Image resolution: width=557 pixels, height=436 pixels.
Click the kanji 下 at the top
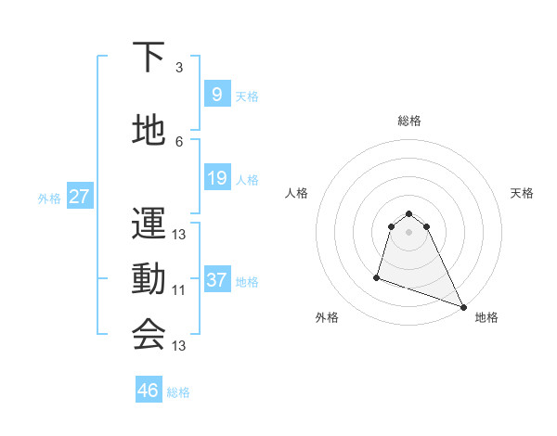(x=149, y=58)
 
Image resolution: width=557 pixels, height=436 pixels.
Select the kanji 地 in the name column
(x=149, y=131)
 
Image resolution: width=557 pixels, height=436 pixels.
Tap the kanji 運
(x=149, y=224)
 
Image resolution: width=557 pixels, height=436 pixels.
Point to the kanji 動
(x=149, y=279)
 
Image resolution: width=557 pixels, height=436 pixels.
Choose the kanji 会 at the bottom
(x=149, y=335)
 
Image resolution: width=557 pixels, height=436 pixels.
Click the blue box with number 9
(x=216, y=94)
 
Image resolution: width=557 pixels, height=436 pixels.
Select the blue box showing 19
(x=216, y=178)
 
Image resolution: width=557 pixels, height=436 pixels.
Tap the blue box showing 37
(x=216, y=280)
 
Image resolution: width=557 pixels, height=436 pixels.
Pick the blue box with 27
(x=79, y=197)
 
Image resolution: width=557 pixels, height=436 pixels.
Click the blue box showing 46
(x=149, y=391)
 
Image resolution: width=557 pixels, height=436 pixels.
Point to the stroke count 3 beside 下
(x=179, y=67)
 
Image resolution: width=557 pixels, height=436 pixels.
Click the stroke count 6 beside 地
(x=179, y=141)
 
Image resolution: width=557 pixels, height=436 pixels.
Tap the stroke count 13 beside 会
(x=179, y=346)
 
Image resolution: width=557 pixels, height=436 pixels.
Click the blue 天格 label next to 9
(x=247, y=96)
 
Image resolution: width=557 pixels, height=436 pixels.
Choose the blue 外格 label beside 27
(x=49, y=198)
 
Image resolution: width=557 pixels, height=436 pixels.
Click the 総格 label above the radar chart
(x=409, y=121)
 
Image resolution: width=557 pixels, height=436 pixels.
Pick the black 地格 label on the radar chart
(x=486, y=317)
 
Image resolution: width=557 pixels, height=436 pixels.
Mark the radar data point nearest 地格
(x=463, y=307)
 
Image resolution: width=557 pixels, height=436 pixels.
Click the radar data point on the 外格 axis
(x=377, y=276)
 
